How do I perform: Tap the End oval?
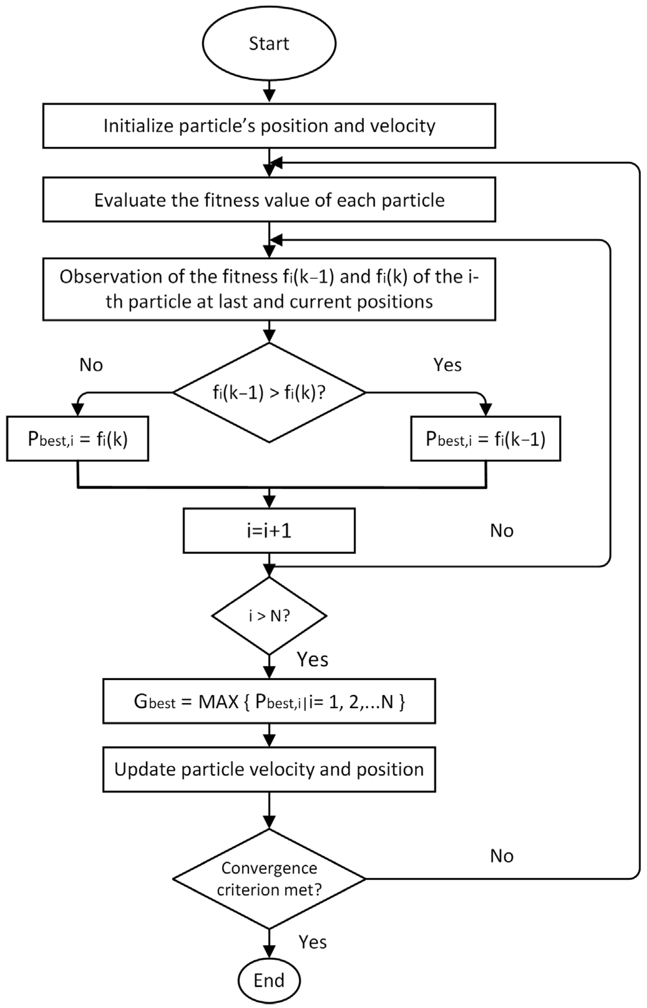[x=269, y=980]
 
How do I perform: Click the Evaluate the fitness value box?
[x=269, y=200]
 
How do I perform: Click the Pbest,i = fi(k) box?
[x=77, y=439]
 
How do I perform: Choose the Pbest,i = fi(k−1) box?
[x=485, y=439]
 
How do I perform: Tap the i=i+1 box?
[x=269, y=531]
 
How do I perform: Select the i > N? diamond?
[x=269, y=616]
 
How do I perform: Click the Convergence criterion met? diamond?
[x=269, y=878]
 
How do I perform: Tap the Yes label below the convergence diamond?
[x=313, y=942]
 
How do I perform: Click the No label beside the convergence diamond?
[x=502, y=856]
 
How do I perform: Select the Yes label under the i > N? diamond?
[x=313, y=659]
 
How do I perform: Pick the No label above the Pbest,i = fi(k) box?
[x=91, y=365]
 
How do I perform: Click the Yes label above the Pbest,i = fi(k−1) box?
[x=448, y=365]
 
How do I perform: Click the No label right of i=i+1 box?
[x=502, y=531]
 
